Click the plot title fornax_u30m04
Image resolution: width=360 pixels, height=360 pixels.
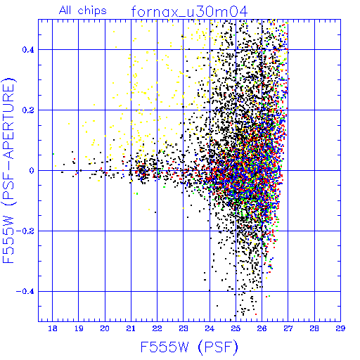[x=189, y=12]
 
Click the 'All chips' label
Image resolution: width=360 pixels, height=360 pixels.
[x=83, y=11]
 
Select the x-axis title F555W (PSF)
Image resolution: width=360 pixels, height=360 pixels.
[x=189, y=347]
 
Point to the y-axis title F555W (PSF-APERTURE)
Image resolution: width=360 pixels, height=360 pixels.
[x=9, y=170]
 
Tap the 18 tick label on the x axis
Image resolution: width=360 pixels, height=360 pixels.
[x=53, y=328]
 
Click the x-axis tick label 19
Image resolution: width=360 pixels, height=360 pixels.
[x=79, y=328]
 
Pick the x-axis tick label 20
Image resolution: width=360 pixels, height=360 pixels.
[x=105, y=328]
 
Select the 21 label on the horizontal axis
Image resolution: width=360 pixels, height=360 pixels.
[x=131, y=328]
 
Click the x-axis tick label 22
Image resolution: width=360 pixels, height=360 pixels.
[x=157, y=328]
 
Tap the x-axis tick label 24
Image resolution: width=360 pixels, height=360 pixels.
[x=210, y=328]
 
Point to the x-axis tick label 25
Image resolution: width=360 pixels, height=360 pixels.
[x=236, y=328]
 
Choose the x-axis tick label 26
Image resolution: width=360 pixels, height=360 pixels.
[x=262, y=328]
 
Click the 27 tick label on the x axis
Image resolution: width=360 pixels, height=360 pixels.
[x=288, y=328]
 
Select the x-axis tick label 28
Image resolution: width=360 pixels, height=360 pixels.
[x=314, y=328]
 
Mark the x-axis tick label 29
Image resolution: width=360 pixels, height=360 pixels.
[x=340, y=328]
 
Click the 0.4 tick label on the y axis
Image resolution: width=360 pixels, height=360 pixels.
[x=28, y=50]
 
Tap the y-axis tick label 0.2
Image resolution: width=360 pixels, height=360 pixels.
[x=28, y=110]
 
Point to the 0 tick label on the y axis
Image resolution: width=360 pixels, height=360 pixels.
[x=32, y=171]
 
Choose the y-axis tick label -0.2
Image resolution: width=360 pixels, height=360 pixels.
[x=25, y=231]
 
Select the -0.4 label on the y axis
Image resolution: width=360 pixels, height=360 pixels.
[x=25, y=292]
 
